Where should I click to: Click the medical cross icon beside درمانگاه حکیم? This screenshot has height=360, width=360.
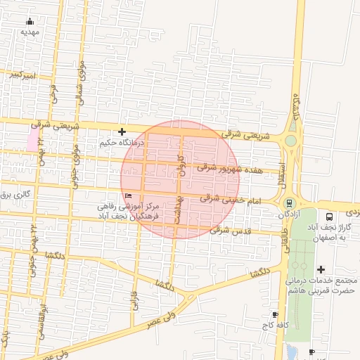(x=122, y=131)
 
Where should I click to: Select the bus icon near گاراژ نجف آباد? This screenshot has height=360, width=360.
(x=330, y=217)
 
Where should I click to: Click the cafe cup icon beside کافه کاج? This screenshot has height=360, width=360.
(x=274, y=314)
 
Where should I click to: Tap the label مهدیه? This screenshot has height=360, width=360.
(x=30, y=32)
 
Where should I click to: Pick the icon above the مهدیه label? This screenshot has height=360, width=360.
(x=30, y=21)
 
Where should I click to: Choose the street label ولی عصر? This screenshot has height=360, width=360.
(x=161, y=320)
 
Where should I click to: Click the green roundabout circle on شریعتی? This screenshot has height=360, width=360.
(x=290, y=141)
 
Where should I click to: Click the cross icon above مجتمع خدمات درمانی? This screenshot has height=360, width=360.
(x=321, y=269)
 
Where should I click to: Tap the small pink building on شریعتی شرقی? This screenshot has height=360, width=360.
(x=33, y=139)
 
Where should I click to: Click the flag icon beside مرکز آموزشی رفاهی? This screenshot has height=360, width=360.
(x=127, y=195)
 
